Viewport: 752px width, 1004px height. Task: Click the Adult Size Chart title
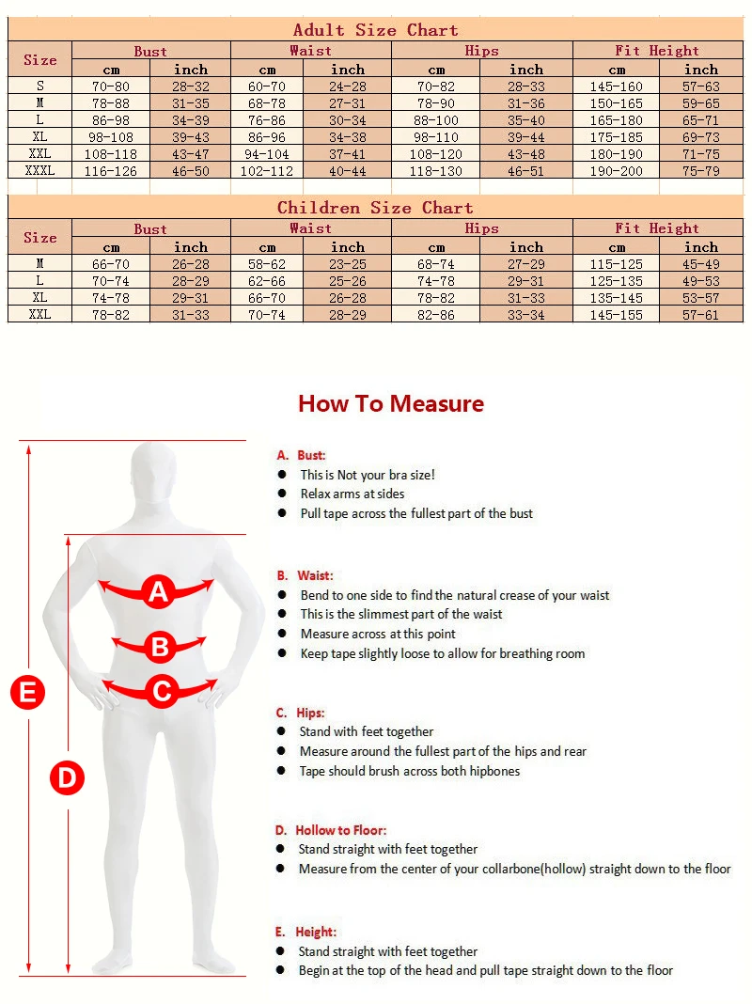[375, 30]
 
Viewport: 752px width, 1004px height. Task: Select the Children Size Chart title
[375, 208]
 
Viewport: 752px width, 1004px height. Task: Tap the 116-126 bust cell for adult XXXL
[110, 171]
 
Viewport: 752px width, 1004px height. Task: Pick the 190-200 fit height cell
[616, 171]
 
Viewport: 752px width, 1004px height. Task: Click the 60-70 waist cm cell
[267, 86]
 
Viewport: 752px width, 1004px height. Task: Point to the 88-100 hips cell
[436, 120]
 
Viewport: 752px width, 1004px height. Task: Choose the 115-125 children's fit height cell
[616, 264]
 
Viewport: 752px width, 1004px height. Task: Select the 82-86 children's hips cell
[436, 314]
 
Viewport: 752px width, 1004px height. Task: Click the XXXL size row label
[39, 170]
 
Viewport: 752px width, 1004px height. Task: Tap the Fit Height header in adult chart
[657, 51]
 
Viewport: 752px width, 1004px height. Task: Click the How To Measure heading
[391, 403]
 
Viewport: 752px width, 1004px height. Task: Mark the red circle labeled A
[158, 591]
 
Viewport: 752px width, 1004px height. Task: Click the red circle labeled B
[160, 647]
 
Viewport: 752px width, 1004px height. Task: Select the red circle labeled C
[162, 692]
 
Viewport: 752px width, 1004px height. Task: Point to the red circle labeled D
[67, 778]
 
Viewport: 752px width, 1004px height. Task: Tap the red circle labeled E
[28, 692]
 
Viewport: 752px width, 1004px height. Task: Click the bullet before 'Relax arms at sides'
[282, 494]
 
